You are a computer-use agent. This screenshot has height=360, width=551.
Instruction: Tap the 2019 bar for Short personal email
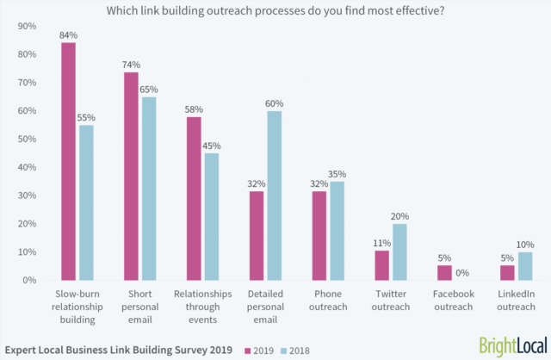pyautogui.click(x=132, y=176)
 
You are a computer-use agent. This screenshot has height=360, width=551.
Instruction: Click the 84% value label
pyautogui.click(x=68, y=35)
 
